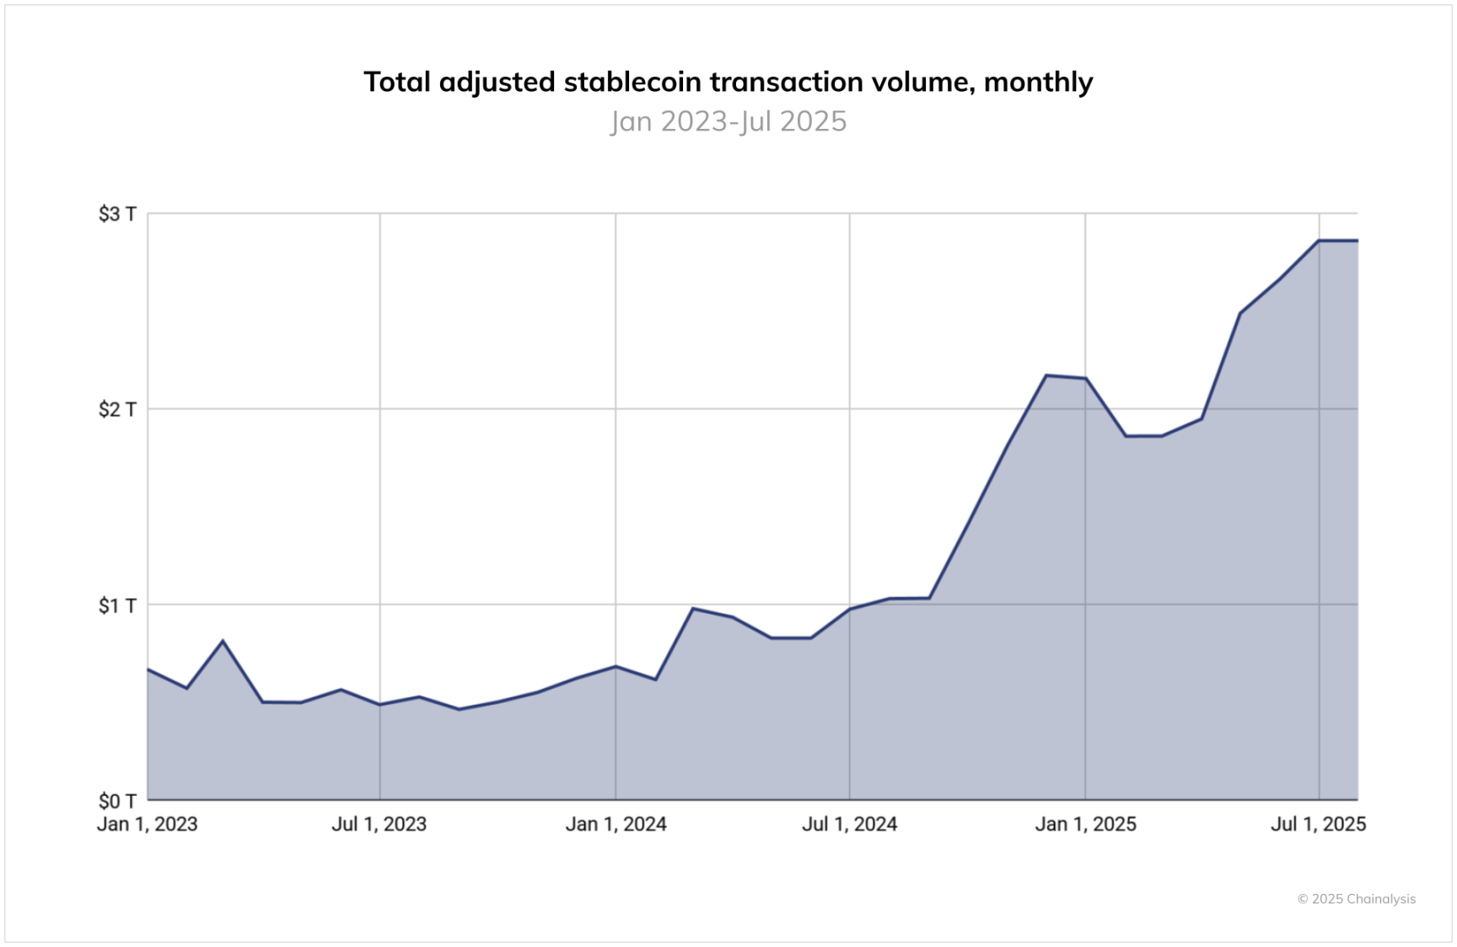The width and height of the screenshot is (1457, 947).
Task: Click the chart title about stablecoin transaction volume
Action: pyautogui.click(x=728, y=82)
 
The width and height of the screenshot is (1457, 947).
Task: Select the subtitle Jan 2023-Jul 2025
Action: pyautogui.click(x=728, y=121)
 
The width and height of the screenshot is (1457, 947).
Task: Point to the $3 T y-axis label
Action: pyautogui.click(x=117, y=214)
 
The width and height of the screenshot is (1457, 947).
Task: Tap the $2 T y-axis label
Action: pyautogui.click(x=117, y=410)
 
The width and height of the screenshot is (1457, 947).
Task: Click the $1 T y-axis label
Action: pyautogui.click(x=117, y=605)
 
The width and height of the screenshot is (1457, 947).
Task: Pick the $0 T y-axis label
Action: pyautogui.click(x=117, y=801)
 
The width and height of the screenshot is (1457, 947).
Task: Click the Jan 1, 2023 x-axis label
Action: pyautogui.click(x=148, y=824)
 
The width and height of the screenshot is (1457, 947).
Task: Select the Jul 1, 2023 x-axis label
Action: pyautogui.click(x=379, y=824)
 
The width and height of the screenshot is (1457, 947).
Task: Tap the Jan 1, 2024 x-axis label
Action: pyautogui.click(x=616, y=824)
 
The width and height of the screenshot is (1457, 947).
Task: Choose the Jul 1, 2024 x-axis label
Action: pyautogui.click(x=849, y=824)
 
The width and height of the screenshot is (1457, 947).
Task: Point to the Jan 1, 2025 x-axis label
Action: pyautogui.click(x=1085, y=824)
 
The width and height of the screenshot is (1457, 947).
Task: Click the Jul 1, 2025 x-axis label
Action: pyautogui.click(x=1318, y=824)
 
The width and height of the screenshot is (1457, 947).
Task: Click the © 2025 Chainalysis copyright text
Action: pyautogui.click(x=1356, y=899)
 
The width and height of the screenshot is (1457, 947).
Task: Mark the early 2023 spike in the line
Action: pyautogui.click(x=223, y=641)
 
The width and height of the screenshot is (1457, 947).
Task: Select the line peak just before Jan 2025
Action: pyautogui.click(x=1046, y=375)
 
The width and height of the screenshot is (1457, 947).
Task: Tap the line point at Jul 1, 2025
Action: pyautogui.click(x=1319, y=241)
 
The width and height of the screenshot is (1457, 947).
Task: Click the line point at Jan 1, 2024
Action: pyautogui.click(x=616, y=666)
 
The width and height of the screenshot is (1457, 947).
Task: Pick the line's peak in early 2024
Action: pyautogui.click(x=692, y=608)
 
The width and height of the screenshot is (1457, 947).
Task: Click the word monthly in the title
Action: pyautogui.click(x=1038, y=82)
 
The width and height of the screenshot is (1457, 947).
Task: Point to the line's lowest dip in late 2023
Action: pyautogui.click(x=459, y=709)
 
